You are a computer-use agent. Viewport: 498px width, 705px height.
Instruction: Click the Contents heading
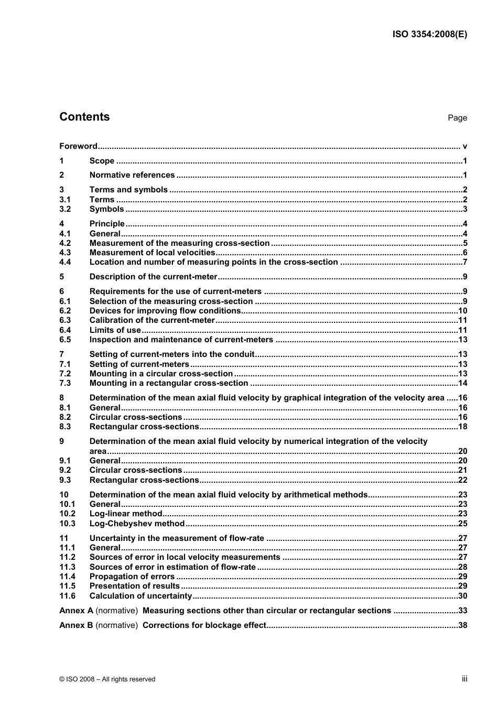[84, 117]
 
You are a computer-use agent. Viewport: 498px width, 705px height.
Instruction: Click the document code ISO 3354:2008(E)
[429, 35]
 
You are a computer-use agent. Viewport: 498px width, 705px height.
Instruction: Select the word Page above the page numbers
[457, 118]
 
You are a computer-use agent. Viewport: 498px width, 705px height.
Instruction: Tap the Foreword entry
[78, 146]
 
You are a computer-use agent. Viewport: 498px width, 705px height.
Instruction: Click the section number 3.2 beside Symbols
[65, 209]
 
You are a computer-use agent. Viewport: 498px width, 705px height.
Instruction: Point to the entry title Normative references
[132, 175]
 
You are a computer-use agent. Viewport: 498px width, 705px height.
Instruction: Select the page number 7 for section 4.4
[464, 262]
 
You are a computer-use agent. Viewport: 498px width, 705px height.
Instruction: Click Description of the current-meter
[153, 277]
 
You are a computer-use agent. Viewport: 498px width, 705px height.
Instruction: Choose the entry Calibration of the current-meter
[152, 320]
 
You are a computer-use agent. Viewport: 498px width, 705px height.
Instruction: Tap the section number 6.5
[65, 340]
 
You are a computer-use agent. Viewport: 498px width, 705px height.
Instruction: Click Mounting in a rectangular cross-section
[168, 383]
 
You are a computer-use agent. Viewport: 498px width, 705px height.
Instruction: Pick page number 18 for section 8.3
[462, 427]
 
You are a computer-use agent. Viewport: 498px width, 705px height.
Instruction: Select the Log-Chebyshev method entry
[137, 524]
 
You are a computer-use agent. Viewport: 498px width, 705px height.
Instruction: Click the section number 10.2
[67, 514]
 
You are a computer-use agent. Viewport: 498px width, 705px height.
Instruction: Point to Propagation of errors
[132, 577]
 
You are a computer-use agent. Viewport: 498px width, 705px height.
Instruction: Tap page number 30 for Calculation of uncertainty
[462, 596]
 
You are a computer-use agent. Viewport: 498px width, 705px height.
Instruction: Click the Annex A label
[76, 611]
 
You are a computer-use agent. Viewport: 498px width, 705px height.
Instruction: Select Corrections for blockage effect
[204, 625]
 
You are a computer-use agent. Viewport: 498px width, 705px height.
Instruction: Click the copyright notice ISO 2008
[107, 679]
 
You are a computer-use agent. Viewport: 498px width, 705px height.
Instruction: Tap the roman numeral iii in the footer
[464, 679]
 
